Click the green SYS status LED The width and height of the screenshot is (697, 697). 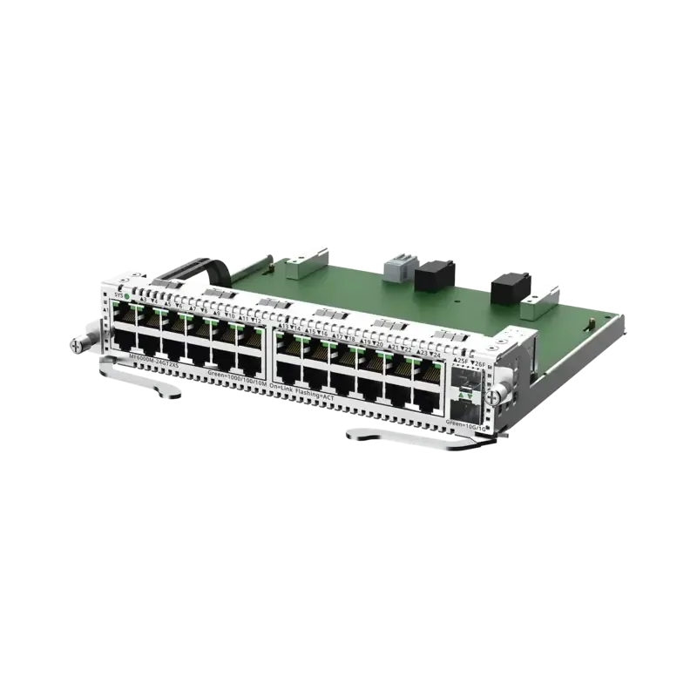[128, 296]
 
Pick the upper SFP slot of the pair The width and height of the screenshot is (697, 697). [467, 379]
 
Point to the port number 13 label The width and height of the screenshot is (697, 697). [283, 327]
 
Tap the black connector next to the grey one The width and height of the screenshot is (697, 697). [431, 278]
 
